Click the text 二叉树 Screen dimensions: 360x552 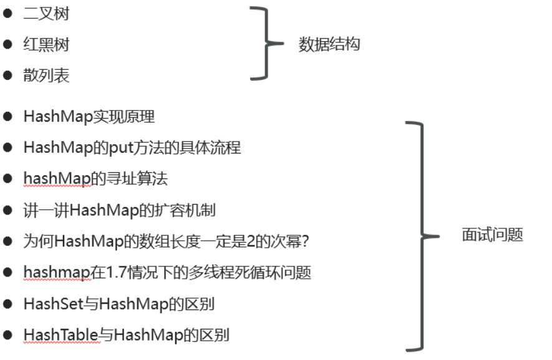point(46,14)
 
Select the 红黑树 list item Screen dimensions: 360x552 point(46,45)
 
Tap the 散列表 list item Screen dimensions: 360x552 point(46,76)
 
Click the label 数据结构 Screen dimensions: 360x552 point(329,45)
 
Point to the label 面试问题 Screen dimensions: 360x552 point(492,235)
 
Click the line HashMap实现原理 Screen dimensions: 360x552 point(89,117)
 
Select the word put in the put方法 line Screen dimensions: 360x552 point(117,148)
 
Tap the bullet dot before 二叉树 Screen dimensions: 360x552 point(8,13)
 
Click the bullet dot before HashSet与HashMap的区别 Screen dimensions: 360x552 point(8,304)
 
